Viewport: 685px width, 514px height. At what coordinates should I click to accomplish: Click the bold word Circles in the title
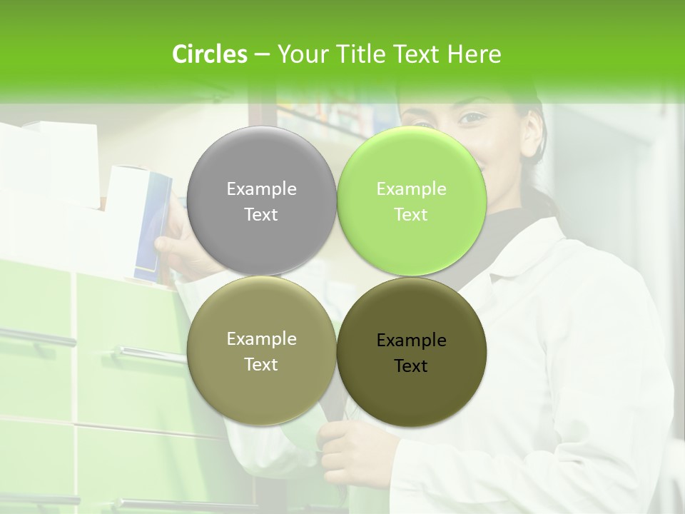pyautogui.click(x=209, y=54)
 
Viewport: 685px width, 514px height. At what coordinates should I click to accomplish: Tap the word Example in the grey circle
pyautogui.click(x=261, y=189)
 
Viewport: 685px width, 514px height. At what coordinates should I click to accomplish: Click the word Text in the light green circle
pyautogui.click(x=411, y=215)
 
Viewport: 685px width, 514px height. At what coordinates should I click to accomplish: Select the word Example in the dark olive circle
pyautogui.click(x=411, y=341)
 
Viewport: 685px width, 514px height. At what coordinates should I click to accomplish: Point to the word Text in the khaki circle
pyautogui.click(x=261, y=365)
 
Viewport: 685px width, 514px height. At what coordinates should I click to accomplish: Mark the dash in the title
pyautogui.click(x=262, y=54)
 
